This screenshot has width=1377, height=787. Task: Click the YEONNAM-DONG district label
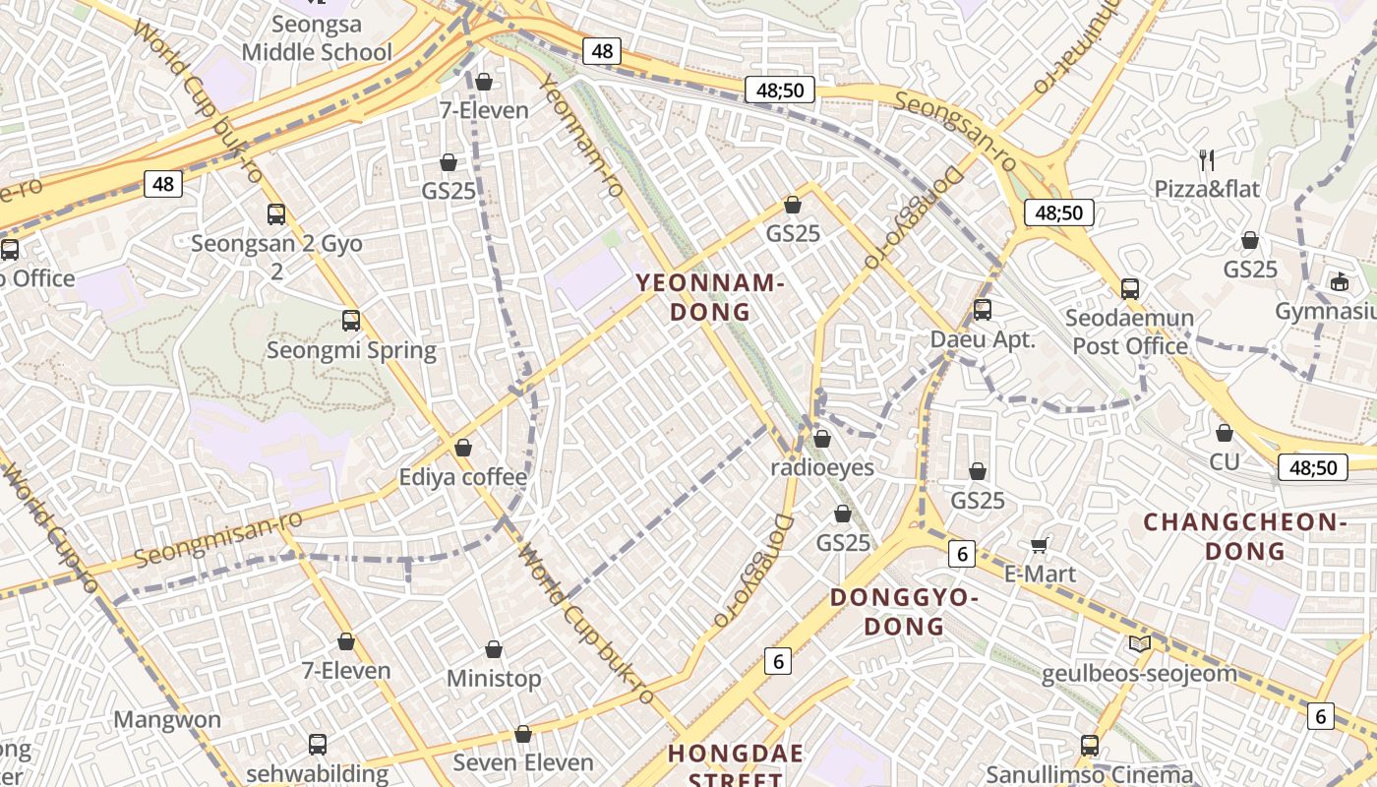(709, 297)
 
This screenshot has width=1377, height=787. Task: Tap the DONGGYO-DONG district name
(904, 611)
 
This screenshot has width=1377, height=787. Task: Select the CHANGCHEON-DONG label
(1244, 536)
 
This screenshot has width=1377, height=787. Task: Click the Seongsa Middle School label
(317, 38)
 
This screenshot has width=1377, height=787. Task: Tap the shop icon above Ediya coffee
(463, 449)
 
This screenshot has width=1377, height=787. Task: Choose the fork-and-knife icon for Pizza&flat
(1207, 160)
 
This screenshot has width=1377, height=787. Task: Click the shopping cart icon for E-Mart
(1040, 545)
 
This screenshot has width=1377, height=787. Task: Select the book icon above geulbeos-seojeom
(1139, 644)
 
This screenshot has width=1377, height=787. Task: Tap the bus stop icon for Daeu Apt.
(983, 311)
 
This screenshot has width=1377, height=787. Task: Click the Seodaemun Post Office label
(1130, 332)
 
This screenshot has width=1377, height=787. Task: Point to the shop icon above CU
(1225, 433)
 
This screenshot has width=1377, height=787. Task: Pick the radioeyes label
(822, 466)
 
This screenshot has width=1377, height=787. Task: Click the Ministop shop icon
(494, 650)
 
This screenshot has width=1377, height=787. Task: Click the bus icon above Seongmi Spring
(351, 321)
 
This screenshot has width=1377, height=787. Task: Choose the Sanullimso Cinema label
(1089, 774)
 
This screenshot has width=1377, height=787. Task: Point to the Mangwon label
(167, 719)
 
